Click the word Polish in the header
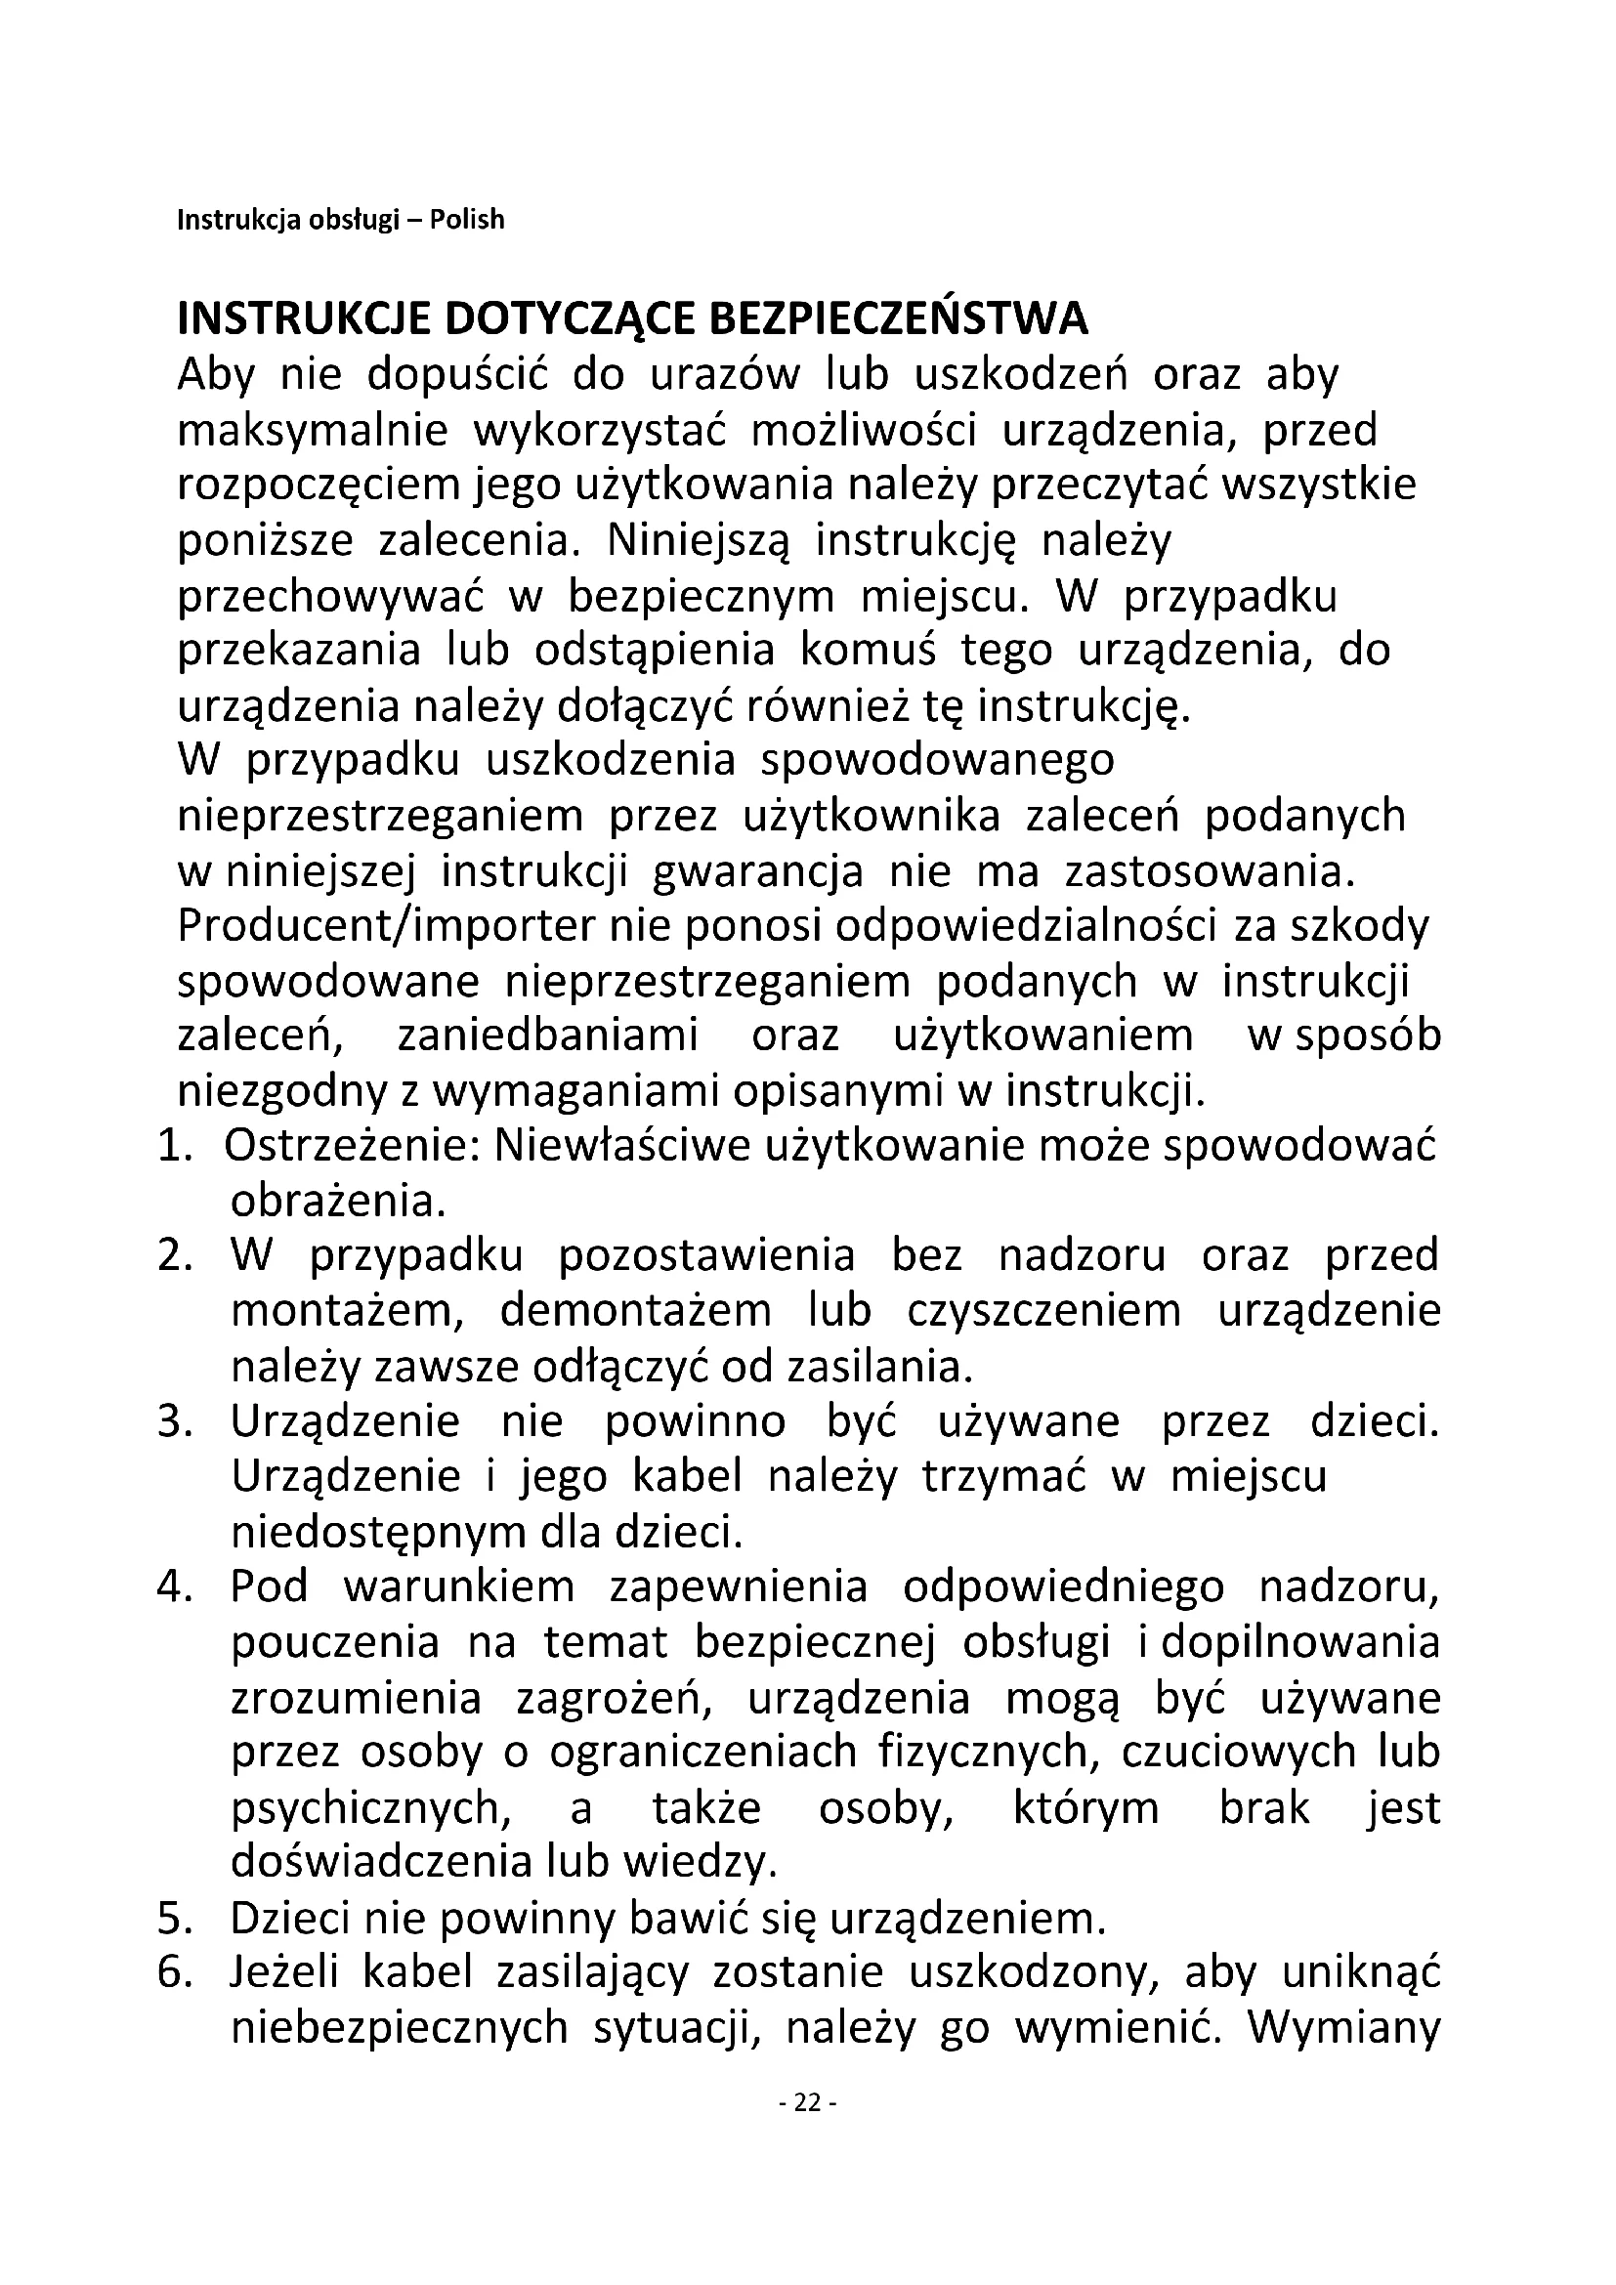point(467,219)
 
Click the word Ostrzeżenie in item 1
point(353,1148)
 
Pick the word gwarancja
point(758,871)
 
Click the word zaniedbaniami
point(548,1036)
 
